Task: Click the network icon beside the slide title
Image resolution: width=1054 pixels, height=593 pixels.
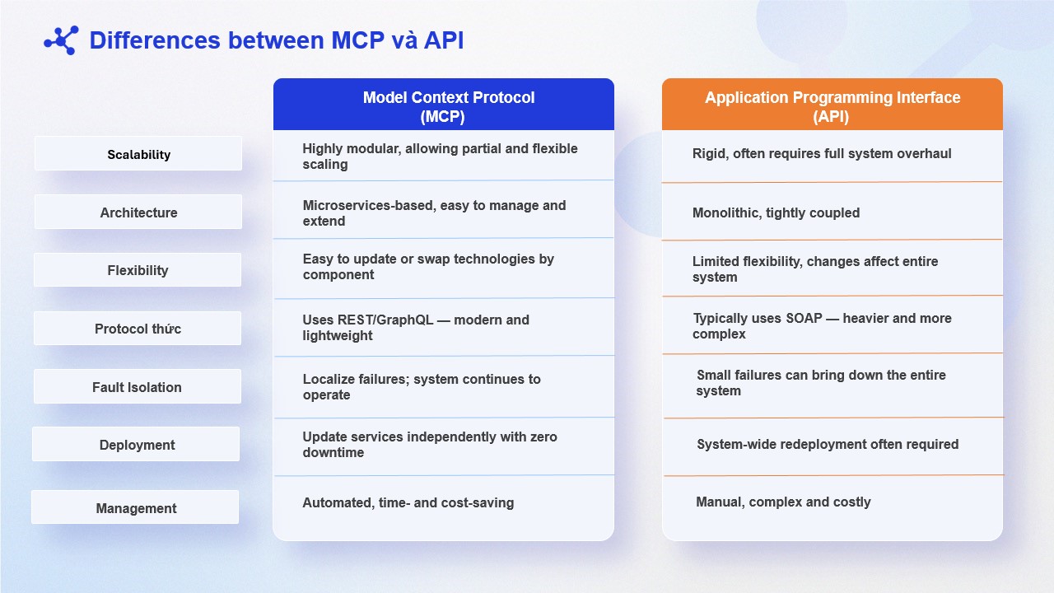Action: coord(61,40)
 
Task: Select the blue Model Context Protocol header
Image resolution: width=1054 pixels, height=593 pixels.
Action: coord(443,105)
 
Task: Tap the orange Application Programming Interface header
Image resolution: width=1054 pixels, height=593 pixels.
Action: coord(832,105)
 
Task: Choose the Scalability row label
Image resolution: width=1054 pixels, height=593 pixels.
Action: coord(138,154)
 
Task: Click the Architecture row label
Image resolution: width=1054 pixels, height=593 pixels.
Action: coord(138,212)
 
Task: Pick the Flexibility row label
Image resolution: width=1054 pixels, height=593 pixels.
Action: coord(138,270)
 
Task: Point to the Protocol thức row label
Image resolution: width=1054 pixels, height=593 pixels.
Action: coord(138,329)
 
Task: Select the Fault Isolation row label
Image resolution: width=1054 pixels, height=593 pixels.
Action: coord(137,387)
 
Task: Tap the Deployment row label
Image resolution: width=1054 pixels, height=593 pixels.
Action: coord(137,445)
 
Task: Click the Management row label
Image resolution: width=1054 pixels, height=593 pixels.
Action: coord(136,508)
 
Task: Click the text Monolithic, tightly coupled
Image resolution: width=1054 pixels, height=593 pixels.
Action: coord(776,212)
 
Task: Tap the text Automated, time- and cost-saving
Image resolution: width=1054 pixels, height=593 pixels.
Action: coord(408,502)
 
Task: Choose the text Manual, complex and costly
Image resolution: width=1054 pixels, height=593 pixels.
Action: coord(783,502)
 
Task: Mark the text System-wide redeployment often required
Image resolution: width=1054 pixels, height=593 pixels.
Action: coord(827,444)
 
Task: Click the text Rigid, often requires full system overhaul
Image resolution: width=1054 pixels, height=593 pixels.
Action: coord(822,153)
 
